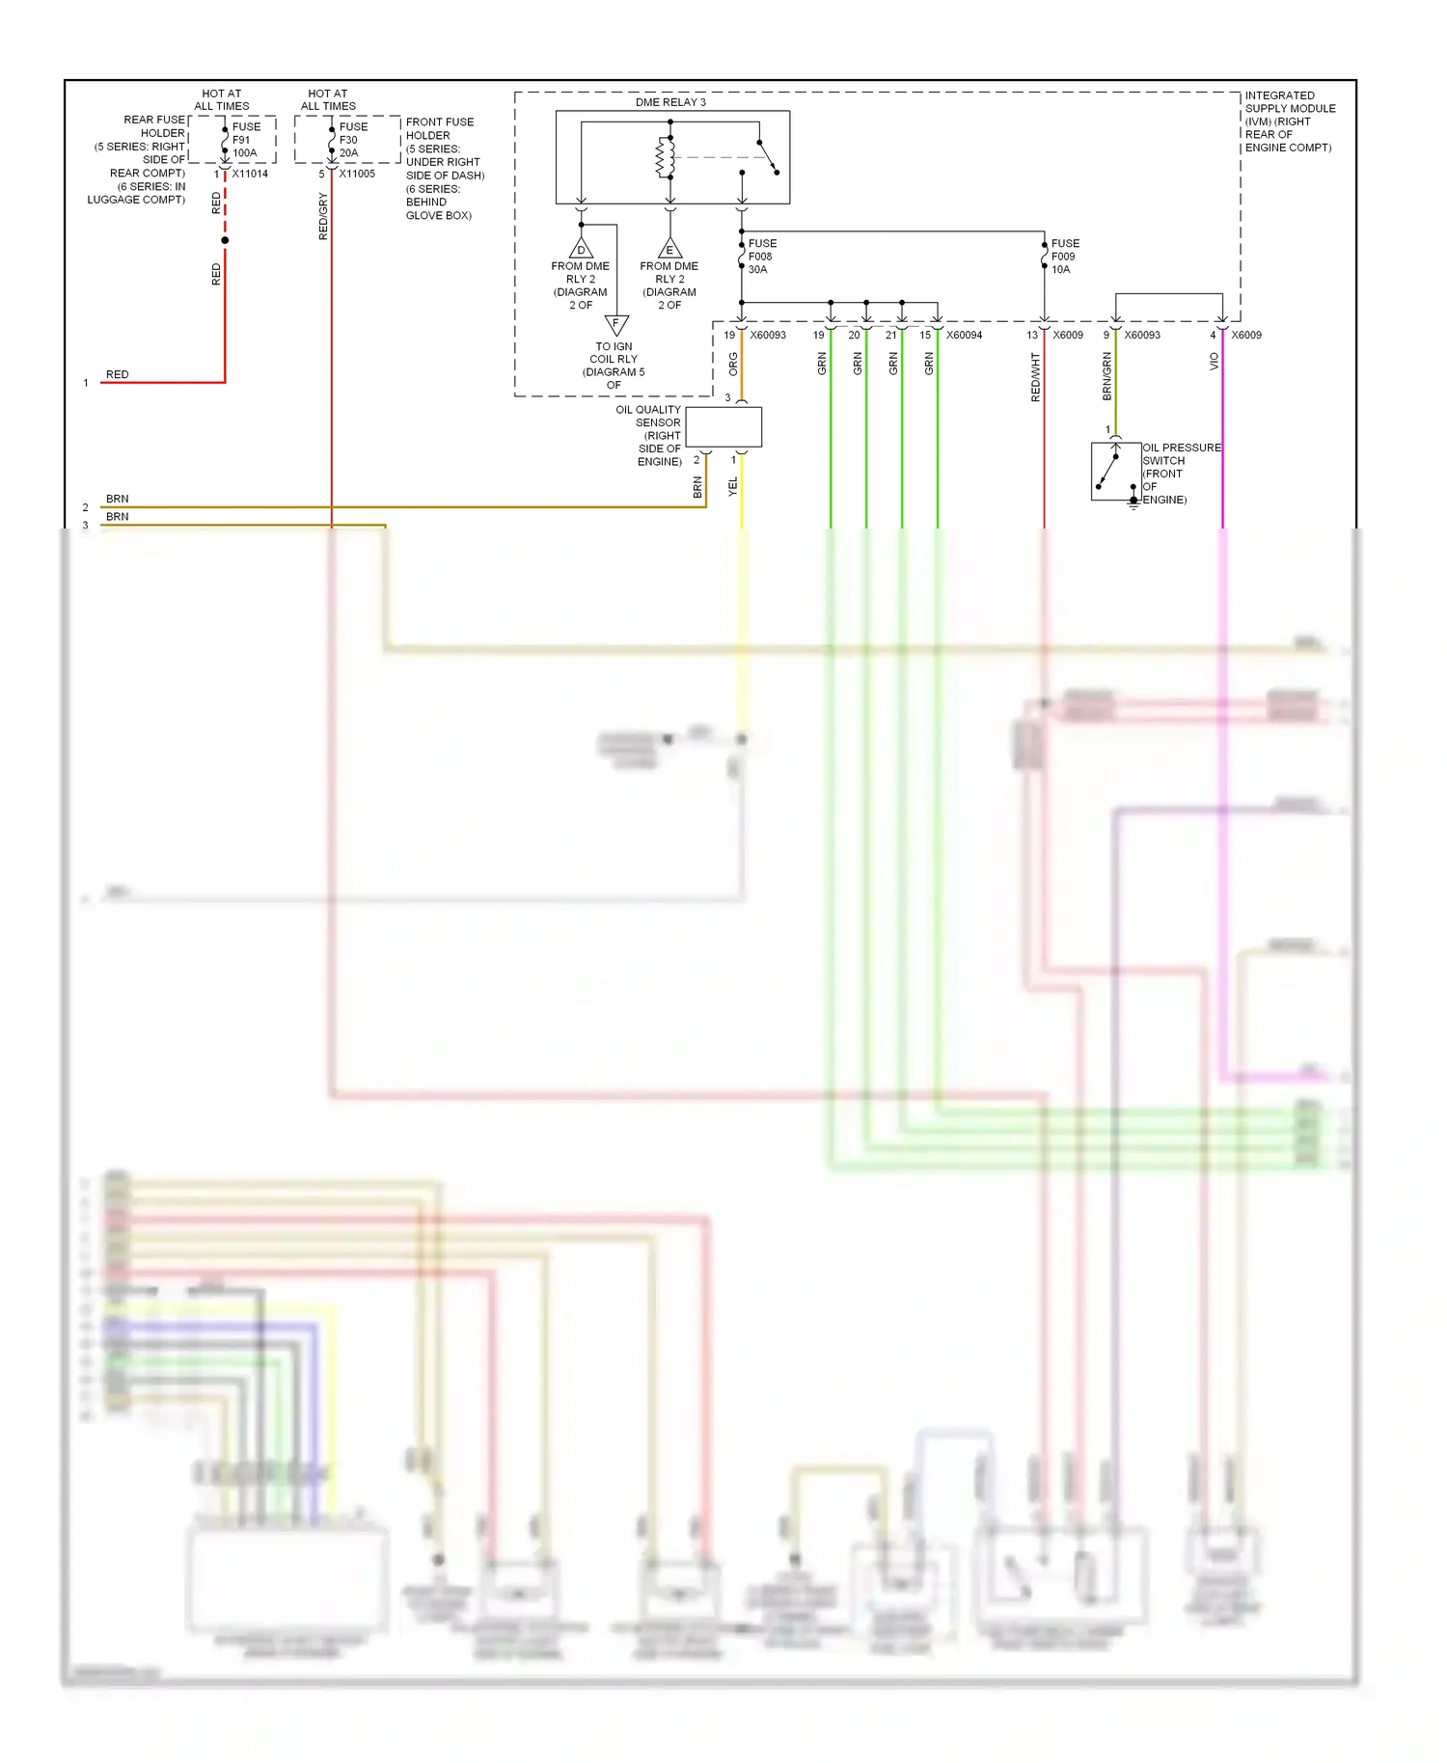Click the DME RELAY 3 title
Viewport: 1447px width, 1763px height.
[670, 102]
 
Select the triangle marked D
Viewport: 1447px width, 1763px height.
[581, 249]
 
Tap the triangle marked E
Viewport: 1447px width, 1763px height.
[669, 249]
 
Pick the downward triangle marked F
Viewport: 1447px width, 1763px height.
[615, 324]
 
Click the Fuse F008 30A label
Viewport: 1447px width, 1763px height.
[762, 257]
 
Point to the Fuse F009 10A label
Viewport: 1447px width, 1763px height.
[1065, 257]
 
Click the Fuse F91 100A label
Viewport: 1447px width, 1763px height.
[246, 140]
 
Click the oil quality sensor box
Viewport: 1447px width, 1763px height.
[723, 427]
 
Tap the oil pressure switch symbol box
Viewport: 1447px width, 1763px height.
[1115, 471]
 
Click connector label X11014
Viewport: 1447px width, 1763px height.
[250, 174]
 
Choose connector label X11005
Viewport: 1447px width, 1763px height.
[357, 174]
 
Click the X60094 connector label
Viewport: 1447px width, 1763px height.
[964, 336]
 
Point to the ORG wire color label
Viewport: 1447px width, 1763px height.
[733, 364]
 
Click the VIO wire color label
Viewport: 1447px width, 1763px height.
[1214, 361]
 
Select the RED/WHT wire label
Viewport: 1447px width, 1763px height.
[1035, 377]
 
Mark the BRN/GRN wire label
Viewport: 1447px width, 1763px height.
[1106, 376]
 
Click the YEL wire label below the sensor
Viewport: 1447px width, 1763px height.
[732, 487]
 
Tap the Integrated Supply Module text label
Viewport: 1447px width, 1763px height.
[1289, 122]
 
